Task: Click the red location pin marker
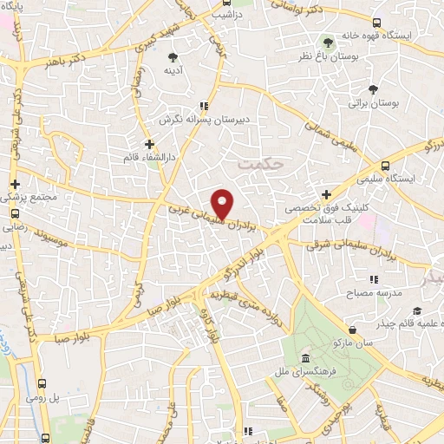(223, 203)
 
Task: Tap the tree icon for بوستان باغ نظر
(328, 41)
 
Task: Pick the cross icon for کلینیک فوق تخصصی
(326, 195)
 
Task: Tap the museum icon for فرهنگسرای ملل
(304, 359)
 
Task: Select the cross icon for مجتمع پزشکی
(15, 184)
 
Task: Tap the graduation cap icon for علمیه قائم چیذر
(417, 311)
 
